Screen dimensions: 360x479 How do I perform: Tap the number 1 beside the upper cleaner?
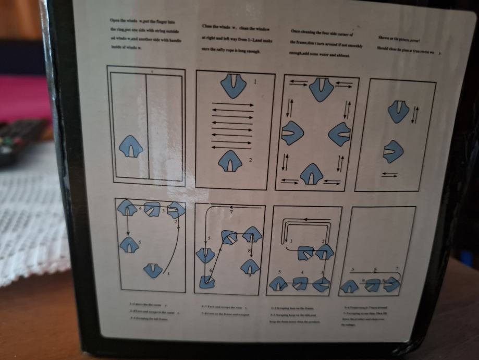tap(255, 82)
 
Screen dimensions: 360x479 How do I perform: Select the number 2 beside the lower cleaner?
tap(250, 160)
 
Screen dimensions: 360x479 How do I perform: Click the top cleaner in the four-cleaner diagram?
tap(321, 89)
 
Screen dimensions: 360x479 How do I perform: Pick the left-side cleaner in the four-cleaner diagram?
tap(292, 133)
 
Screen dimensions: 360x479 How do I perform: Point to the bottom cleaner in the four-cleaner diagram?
tap(311, 174)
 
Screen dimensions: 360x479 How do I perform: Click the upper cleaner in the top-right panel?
tap(399, 111)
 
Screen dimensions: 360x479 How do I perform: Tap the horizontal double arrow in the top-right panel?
tap(389, 174)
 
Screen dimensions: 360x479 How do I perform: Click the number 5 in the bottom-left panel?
tap(140, 243)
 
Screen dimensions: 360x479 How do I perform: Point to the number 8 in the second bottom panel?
tap(250, 251)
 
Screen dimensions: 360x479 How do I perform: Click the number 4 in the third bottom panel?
tap(303, 272)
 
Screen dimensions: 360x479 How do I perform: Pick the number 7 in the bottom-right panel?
tap(398, 269)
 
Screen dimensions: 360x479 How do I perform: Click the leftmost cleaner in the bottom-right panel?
tap(349, 286)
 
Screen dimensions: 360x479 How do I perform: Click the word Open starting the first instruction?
tap(114, 19)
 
